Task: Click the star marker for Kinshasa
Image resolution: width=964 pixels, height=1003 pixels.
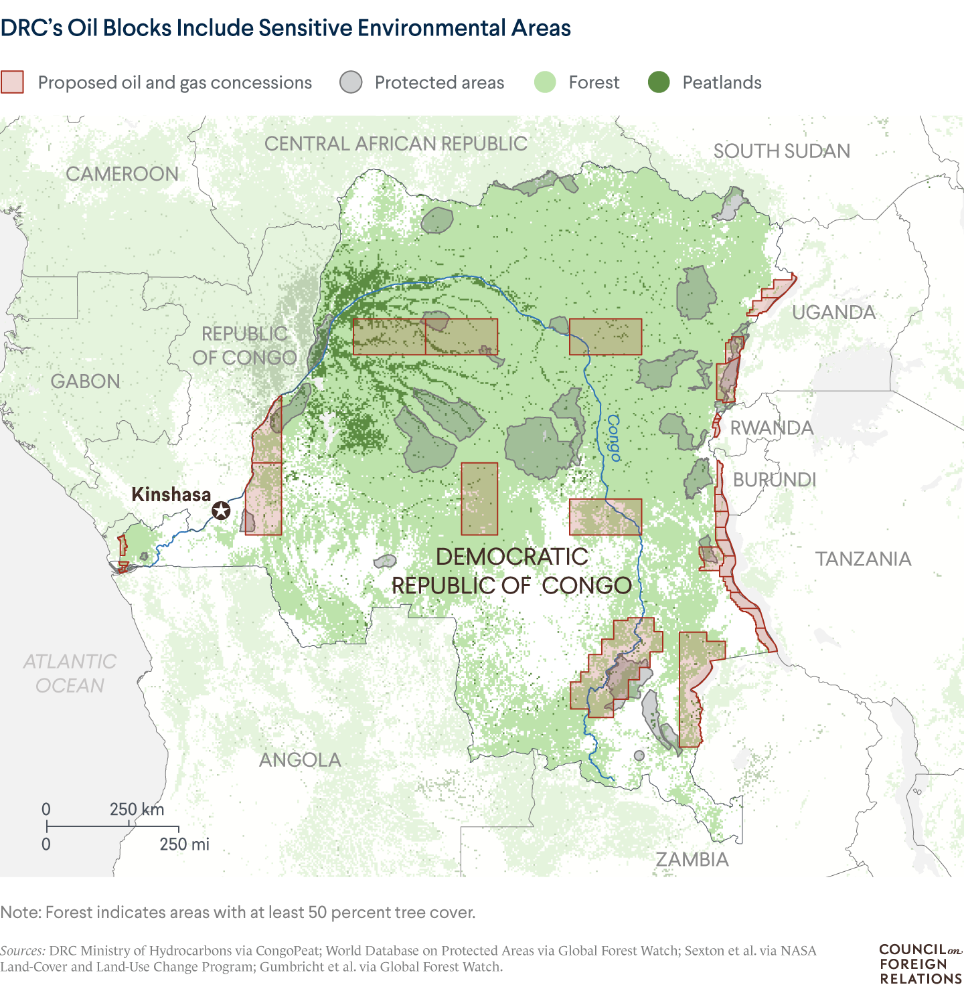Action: click(x=221, y=511)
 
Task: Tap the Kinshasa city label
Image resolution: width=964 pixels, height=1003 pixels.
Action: click(x=171, y=494)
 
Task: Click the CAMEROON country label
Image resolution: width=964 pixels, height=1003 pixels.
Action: click(x=122, y=174)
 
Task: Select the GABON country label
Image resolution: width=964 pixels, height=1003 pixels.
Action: click(x=86, y=381)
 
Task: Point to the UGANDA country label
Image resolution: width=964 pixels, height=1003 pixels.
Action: click(x=833, y=312)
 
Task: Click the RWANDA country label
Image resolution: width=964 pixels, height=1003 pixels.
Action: click(x=771, y=428)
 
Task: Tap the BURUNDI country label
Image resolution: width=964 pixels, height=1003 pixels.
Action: click(x=775, y=480)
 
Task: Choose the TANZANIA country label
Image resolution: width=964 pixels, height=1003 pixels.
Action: click(x=863, y=559)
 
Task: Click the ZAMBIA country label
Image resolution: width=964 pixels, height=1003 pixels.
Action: click(x=692, y=859)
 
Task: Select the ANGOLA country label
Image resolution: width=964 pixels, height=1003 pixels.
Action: click(x=300, y=759)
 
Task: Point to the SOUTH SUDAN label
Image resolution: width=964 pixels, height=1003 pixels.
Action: click(x=781, y=151)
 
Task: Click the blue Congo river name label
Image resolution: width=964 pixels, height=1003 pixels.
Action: click(x=613, y=438)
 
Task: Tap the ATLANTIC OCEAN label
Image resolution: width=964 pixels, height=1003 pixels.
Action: click(x=70, y=673)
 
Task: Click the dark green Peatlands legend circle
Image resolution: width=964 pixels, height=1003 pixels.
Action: click(x=659, y=82)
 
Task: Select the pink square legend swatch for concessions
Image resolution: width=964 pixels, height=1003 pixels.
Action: click(x=12, y=82)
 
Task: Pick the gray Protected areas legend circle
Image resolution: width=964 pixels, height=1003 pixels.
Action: click(x=351, y=82)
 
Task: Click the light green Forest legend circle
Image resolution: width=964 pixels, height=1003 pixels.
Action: click(x=545, y=82)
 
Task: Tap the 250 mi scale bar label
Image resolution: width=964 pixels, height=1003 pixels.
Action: click(x=184, y=844)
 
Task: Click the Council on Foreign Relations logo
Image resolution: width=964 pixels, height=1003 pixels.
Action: click(x=920, y=964)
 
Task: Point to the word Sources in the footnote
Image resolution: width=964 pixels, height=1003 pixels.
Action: click(x=23, y=951)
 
